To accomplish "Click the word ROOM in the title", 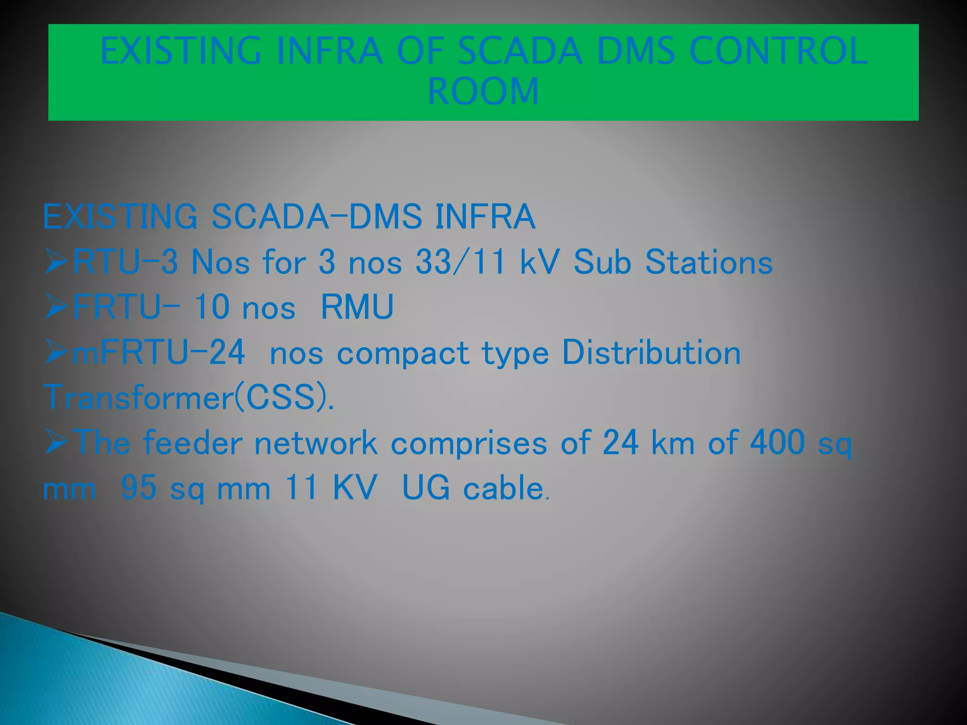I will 483,91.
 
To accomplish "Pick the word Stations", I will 709,262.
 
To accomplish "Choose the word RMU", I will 357,307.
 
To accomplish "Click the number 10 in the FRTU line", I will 212,307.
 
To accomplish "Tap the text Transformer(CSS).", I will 188,397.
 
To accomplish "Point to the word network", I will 316,444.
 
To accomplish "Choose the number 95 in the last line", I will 139,488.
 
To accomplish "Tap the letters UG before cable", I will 426,488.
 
